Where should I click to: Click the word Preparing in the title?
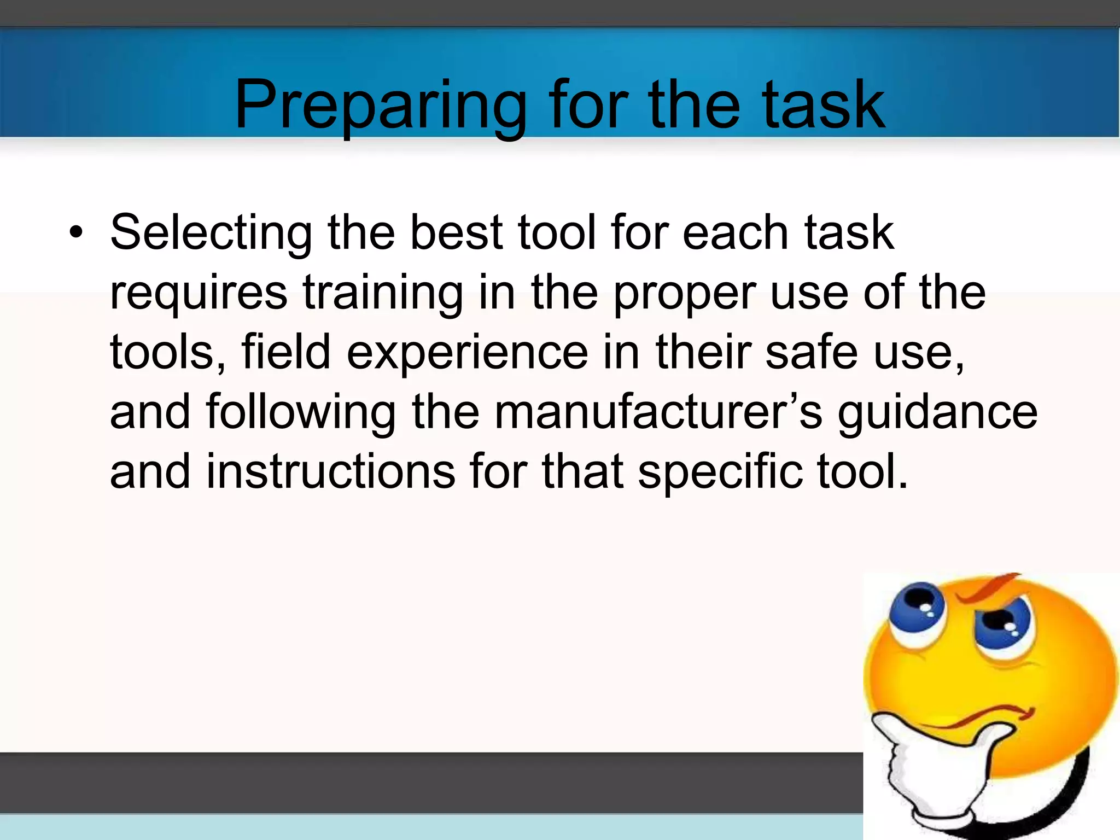coord(381,105)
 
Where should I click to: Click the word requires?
coord(199,293)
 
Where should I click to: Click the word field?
coord(286,352)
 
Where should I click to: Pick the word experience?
coord(468,353)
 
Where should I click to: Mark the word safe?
coord(812,352)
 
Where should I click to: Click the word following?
coord(301,413)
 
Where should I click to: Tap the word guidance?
coord(937,413)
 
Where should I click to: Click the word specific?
coord(720,472)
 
